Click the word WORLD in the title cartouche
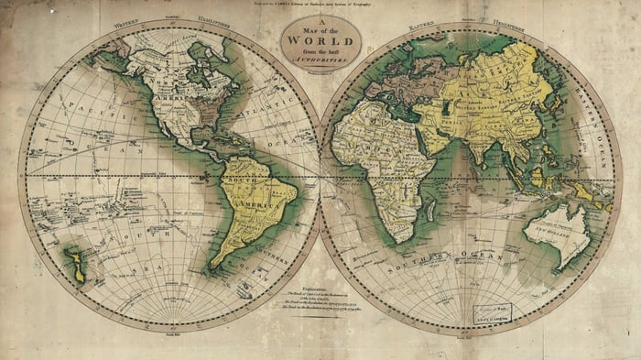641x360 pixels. coord(320,41)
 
